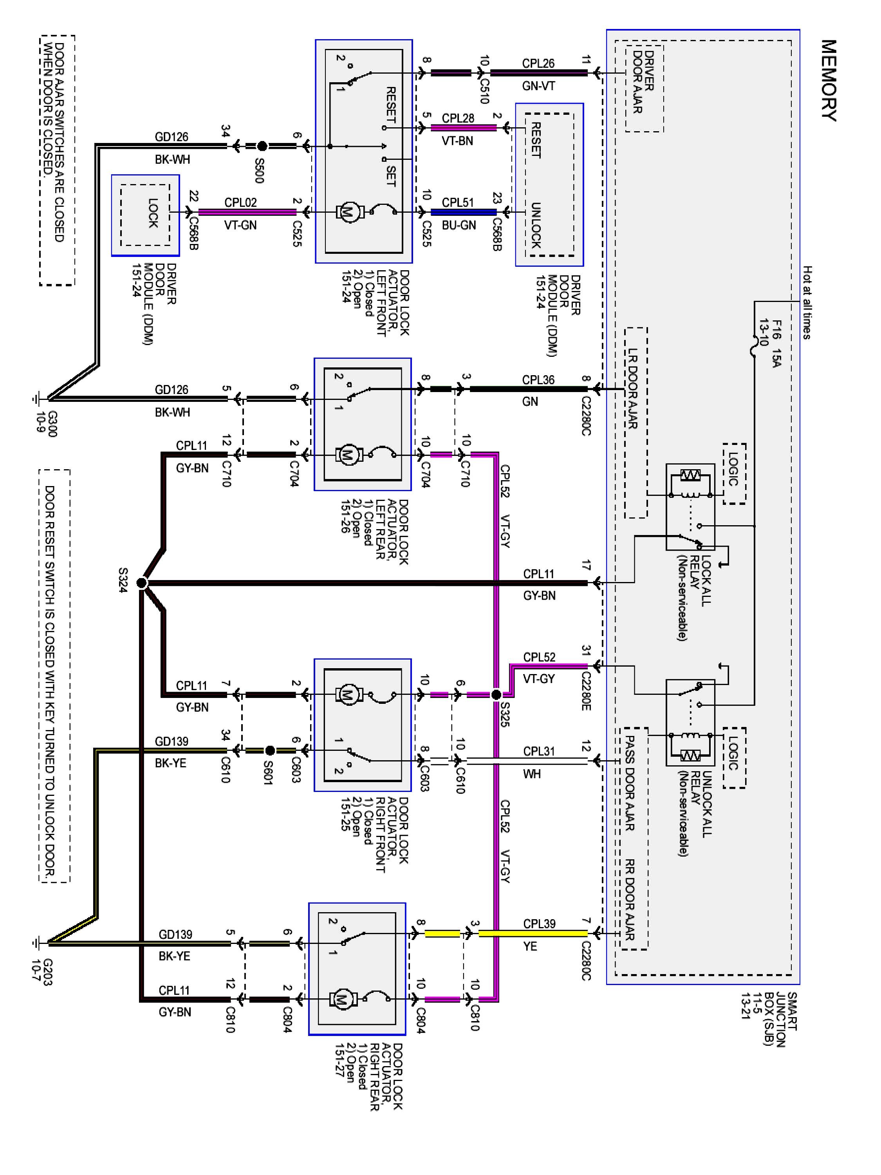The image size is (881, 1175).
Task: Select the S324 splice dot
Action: click(x=141, y=583)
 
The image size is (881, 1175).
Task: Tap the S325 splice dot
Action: click(x=495, y=694)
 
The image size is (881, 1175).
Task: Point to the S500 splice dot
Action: click(x=262, y=146)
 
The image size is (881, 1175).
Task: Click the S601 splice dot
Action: click(x=270, y=750)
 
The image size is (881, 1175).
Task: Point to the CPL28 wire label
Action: click(x=458, y=117)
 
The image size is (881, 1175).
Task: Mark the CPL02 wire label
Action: click(x=240, y=202)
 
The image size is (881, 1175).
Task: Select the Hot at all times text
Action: click(x=807, y=303)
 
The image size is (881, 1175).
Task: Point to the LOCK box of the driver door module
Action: click(x=146, y=215)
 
